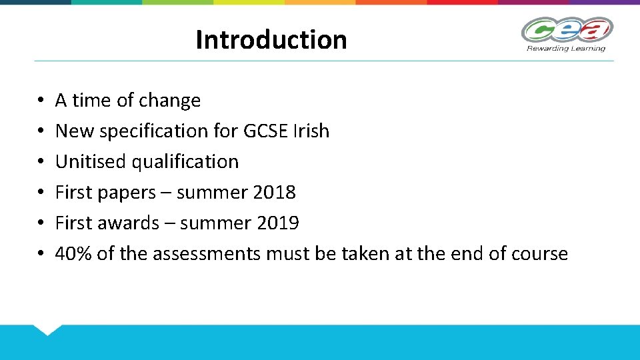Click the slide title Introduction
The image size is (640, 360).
click(x=271, y=40)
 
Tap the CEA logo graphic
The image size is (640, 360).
click(x=567, y=30)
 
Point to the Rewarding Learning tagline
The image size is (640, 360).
click(x=566, y=48)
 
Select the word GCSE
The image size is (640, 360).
click(x=267, y=131)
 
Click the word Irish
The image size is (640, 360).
click(x=311, y=131)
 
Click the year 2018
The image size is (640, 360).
click(x=275, y=193)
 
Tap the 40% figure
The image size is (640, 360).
click(x=73, y=253)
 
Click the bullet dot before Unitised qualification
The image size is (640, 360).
click(x=41, y=162)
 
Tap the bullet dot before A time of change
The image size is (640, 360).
click(x=41, y=101)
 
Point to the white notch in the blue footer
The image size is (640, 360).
click(x=47, y=329)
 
